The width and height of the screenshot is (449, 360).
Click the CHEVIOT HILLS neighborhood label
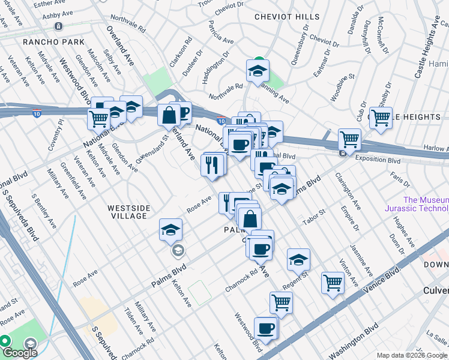click(x=283, y=17)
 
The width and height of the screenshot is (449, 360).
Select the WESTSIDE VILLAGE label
click(x=128, y=208)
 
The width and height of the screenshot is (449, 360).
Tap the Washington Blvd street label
click(x=354, y=338)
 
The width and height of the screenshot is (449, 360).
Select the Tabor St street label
click(x=313, y=217)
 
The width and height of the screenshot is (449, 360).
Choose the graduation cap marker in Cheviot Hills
click(x=258, y=71)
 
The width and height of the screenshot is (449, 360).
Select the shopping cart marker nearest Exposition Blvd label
click(x=349, y=140)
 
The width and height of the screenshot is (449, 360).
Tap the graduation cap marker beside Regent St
click(x=298, y=260)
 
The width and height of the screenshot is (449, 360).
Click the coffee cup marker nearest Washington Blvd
click(x=266, y=328)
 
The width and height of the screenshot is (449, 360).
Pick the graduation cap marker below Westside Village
click(x=170, y=230)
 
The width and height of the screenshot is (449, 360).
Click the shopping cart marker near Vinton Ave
click(x=333, y=283)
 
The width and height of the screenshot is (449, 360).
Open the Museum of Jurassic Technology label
click(x=426, y=204)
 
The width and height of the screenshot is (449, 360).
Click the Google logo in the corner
click(x=20, y=353)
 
